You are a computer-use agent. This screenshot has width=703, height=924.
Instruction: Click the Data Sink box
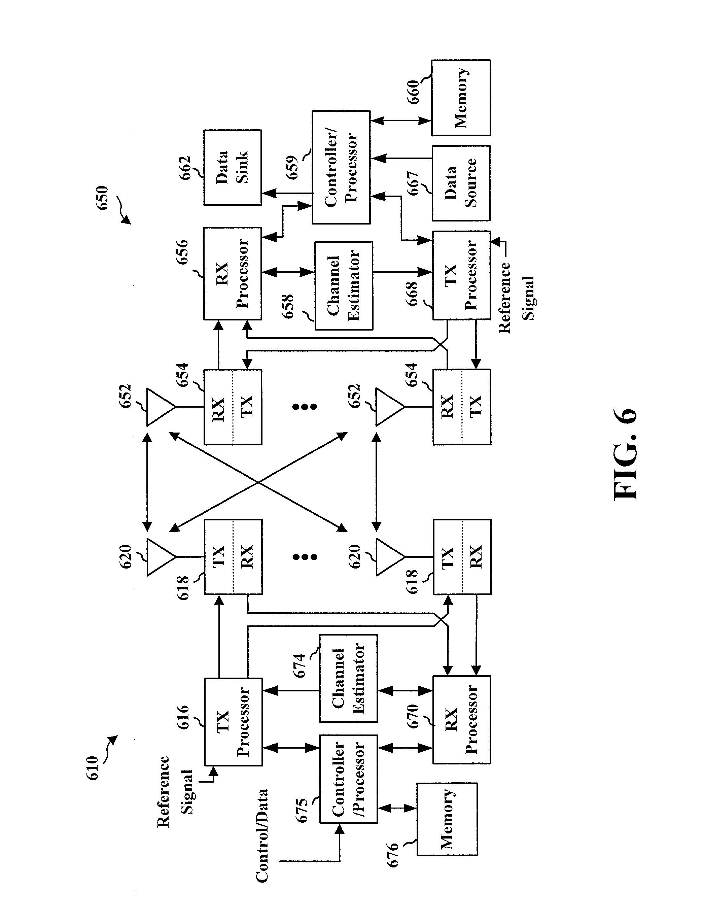tap(233, 167)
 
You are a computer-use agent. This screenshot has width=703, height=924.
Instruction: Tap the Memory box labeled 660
tap(461, 98)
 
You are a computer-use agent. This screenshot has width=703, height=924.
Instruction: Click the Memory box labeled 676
tap(447, 819)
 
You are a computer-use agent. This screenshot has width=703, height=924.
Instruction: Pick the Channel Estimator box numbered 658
tap(344, 285)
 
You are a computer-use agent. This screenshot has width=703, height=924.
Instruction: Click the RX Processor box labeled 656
tap(233, 274)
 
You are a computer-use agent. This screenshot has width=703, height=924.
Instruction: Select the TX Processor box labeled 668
tap(461, 275)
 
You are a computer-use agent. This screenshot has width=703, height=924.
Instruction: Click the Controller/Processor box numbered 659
tap(341, 167)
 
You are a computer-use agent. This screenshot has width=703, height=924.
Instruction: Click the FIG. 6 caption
tap(626, 454)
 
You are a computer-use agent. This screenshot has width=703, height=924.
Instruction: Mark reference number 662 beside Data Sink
tap(184, 168)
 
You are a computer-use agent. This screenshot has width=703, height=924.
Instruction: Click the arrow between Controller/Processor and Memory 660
tap(401, 121)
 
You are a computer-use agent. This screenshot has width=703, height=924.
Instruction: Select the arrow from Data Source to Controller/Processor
tap(401, 158)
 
